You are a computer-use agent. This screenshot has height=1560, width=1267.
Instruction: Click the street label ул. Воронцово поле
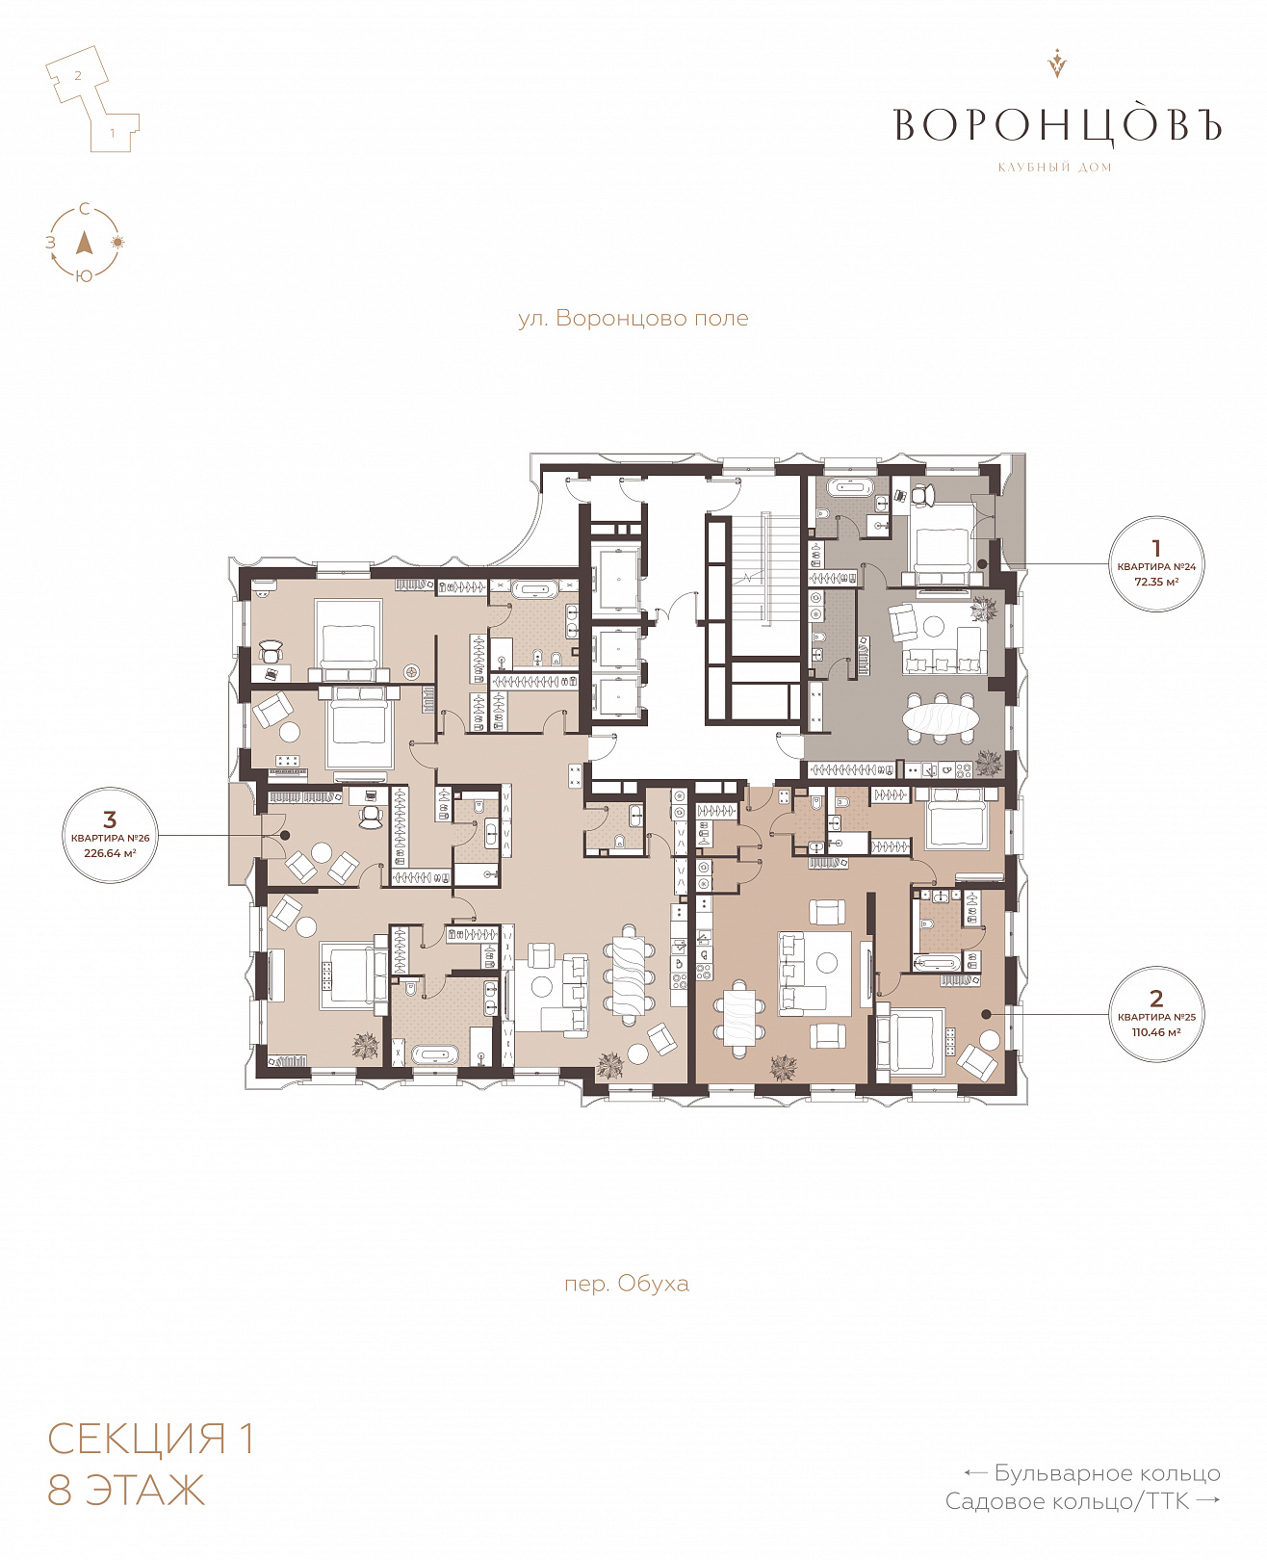633,319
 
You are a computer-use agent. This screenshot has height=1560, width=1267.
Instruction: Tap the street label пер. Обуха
626,1284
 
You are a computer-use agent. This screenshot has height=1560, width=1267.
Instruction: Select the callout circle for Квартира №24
1155,564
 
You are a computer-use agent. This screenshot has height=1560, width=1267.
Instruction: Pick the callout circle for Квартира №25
1155,1014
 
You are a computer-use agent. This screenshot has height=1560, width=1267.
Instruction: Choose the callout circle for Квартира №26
110,835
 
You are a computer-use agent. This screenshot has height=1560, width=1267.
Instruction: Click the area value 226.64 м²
110,853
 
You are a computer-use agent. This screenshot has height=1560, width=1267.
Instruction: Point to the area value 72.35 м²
1156,583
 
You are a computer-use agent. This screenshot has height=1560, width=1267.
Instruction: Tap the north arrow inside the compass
85,243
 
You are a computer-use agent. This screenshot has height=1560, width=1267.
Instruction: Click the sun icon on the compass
117,242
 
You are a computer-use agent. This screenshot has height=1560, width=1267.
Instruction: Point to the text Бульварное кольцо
1106,1473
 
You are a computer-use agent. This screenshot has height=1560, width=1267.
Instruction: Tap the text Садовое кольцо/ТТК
1067,1501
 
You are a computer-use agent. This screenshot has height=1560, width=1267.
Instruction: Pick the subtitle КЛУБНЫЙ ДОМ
1055,168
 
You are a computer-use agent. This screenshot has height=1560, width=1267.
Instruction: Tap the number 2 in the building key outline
78,75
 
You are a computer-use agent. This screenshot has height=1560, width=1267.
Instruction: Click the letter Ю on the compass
84,276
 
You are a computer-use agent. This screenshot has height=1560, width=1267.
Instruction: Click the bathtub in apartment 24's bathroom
849,487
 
